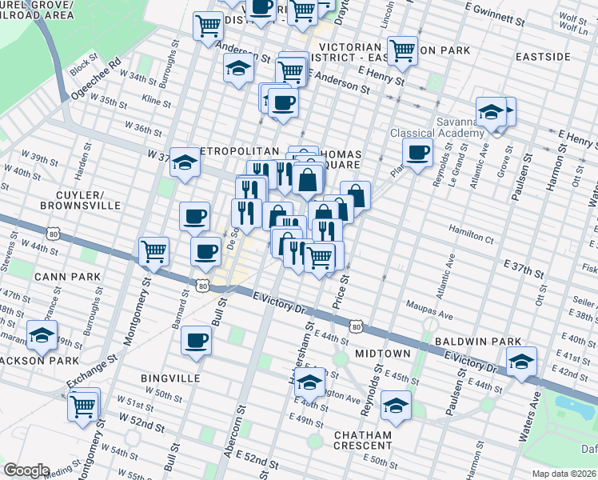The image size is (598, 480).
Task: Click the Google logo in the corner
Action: [26, 470]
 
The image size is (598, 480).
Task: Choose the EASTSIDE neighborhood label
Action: [543, 57]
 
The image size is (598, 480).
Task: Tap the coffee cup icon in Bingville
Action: [196, 342]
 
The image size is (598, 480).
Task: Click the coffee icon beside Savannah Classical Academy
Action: [417, 153]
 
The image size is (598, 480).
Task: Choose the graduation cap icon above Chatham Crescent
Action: [396, 406]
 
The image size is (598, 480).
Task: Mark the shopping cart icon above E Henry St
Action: [403, 51]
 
